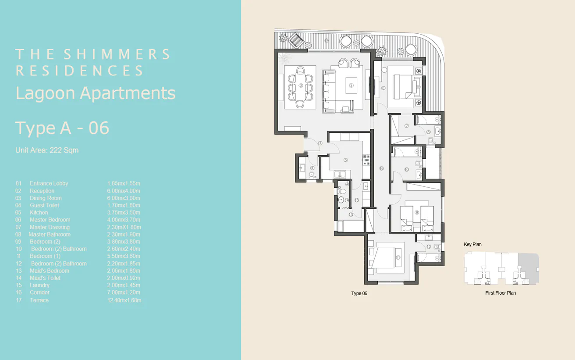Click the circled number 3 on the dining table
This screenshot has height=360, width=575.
[301, 86]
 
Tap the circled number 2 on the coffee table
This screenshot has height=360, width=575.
[351, 86]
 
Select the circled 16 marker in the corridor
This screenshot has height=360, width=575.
[381, 169]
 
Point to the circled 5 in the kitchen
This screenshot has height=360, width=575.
[345, 160]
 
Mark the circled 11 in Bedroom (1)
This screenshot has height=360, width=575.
[398, 257]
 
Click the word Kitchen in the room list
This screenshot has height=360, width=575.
[39, 213]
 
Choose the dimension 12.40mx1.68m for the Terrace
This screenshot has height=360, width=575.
[124, 300]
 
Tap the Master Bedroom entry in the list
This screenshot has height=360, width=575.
[50, 220]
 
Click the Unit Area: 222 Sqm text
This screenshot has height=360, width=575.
[47, 150]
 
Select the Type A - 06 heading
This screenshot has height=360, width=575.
[62, 128]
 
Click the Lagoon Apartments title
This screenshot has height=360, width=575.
[96, 93]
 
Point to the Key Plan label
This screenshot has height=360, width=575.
[472, 244]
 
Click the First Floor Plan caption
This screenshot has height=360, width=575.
[500, 293]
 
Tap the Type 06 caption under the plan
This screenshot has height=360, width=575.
[359, 293]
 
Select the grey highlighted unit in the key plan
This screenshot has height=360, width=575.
[528, 267]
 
